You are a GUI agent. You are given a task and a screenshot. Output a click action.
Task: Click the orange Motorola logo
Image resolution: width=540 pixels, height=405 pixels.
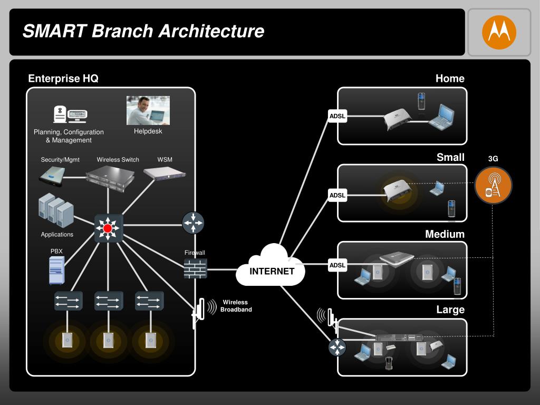pyautogui.click(x=499, y=32)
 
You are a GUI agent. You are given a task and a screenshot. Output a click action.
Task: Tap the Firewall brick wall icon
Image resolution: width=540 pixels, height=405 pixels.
pyautogui.click(x=195, y=268)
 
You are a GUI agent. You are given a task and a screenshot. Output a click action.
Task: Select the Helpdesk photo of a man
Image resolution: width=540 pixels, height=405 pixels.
pyautogui.click(x=148, y=110)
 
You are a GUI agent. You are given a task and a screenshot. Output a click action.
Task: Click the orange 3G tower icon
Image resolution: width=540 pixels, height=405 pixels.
pyautogui.click(x=493, y=185)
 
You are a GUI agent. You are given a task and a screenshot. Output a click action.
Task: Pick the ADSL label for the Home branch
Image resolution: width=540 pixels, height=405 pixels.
pyautogui.click(x=337, y=116)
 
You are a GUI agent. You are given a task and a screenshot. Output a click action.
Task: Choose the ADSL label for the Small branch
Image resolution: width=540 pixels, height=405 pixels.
pyautogui.click(x=337, y=195)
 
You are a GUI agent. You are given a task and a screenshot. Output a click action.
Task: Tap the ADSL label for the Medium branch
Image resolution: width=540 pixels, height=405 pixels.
pyautogui.click(x=337, y=265)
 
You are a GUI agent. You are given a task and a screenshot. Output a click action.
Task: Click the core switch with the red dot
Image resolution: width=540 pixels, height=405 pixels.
pyautogui.click(x=108, y=228)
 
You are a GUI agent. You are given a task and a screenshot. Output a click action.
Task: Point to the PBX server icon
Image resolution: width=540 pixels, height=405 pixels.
pyautogui.click(x=57, y=271)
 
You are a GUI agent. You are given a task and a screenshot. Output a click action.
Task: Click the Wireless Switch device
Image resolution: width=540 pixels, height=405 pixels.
pyautogui.click(x=110, y=178)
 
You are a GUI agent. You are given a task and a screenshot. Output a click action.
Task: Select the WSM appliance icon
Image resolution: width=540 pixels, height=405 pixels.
pyautogui.click(x=165, y=173)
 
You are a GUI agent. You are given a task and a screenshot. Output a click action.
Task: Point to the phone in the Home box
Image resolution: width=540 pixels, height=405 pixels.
pyautogui.click(x=421, y=101)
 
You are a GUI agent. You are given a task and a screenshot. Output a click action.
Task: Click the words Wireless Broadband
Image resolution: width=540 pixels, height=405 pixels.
pyautogui.click(x=236, y=306)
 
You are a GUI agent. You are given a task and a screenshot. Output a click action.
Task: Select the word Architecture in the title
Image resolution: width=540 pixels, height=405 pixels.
pyautogui.click(x=211, y=31)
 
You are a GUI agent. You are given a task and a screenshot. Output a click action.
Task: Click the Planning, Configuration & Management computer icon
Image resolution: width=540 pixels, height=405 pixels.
pyautogui.click(x=70, y=114)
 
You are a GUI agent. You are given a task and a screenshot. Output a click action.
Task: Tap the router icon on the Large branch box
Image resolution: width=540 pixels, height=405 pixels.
pyautogui.click(x=337, y=347)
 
